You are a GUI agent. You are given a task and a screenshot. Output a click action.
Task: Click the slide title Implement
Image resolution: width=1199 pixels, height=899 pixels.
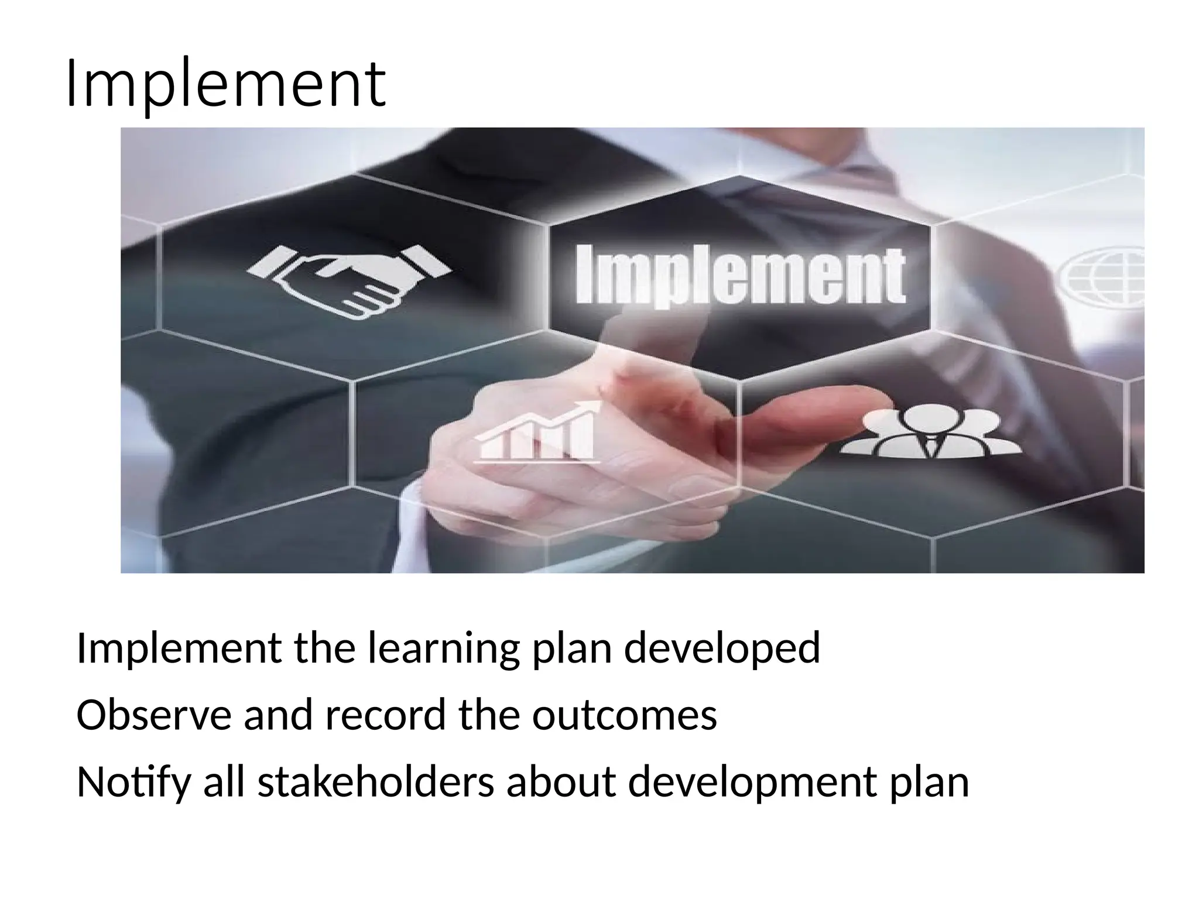click(225, 84)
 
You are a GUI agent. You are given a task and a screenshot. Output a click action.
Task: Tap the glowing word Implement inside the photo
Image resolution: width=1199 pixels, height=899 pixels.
click(740, 276)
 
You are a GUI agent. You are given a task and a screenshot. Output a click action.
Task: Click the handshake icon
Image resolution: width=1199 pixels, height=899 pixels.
click(349, 282)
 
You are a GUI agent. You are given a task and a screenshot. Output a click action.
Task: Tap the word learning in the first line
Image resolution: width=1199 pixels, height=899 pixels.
click(443, 648)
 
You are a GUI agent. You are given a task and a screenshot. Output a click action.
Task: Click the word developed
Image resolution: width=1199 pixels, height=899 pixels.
click(721, 648)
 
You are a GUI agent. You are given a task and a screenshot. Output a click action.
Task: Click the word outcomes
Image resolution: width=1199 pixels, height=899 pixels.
click(624, 715)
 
